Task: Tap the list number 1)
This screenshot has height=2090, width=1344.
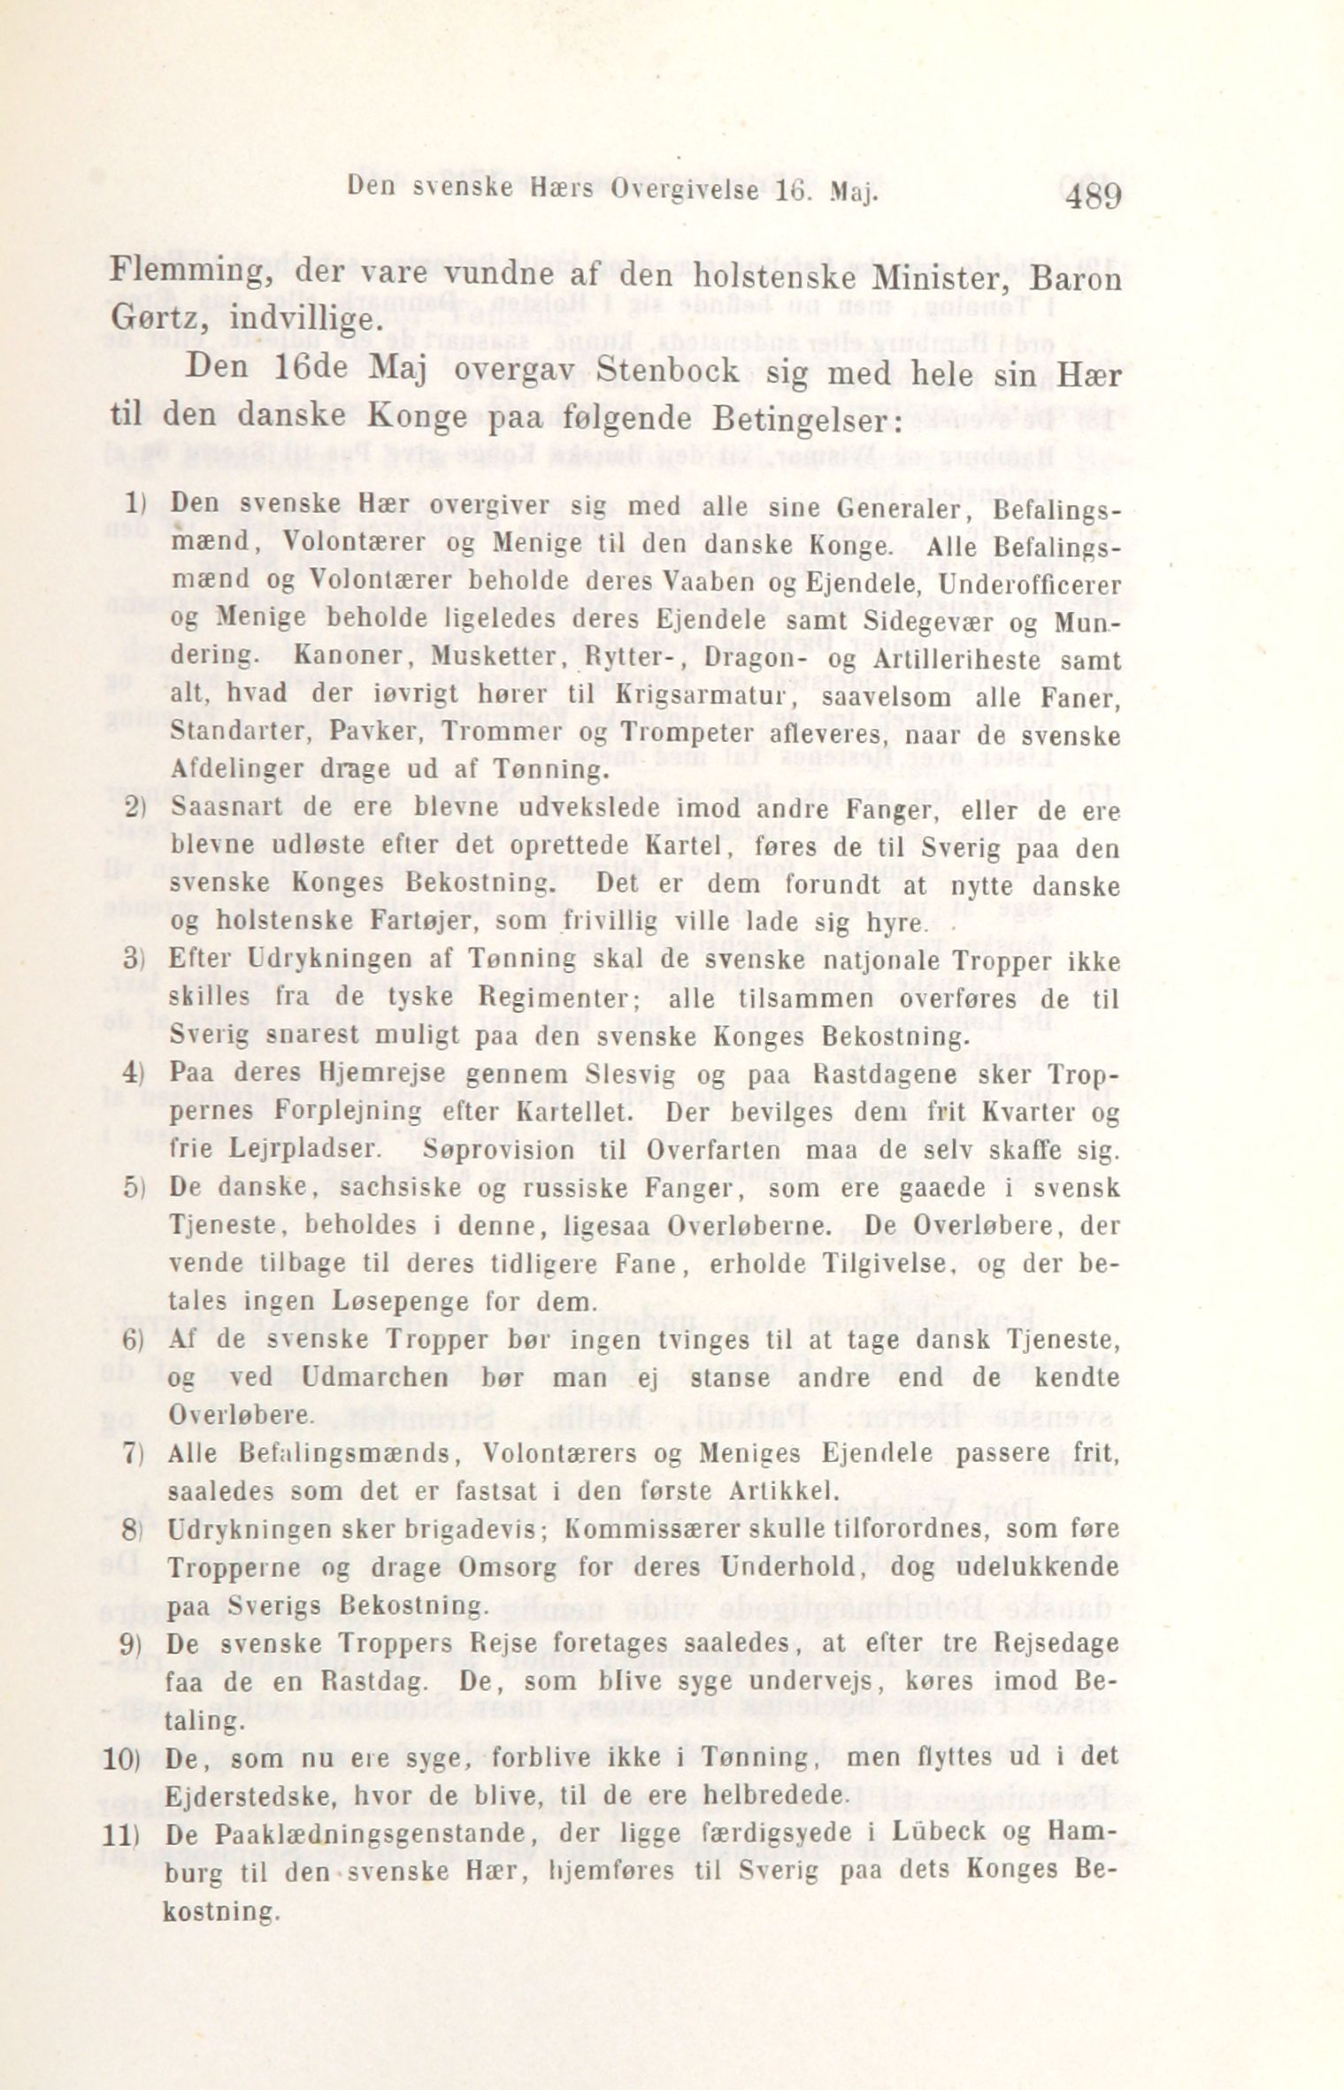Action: point(134,505)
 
